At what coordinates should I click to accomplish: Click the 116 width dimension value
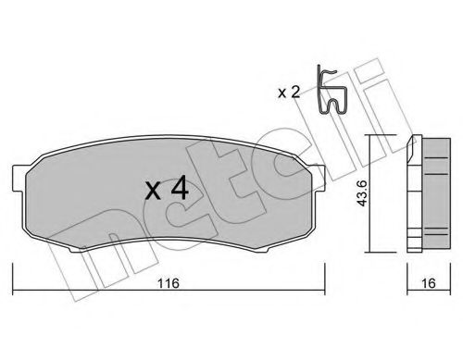(169, 283)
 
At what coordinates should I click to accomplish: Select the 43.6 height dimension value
(361, 193)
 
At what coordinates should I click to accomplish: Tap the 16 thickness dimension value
(429, 283)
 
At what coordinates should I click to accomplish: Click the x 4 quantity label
(167, 188)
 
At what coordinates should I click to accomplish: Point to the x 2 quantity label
(289, 93)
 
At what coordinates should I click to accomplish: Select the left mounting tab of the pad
(19, 179)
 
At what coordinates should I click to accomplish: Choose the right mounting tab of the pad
(319, 178)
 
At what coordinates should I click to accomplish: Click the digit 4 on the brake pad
(180, 188)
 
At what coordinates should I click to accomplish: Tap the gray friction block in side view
(436, 193)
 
